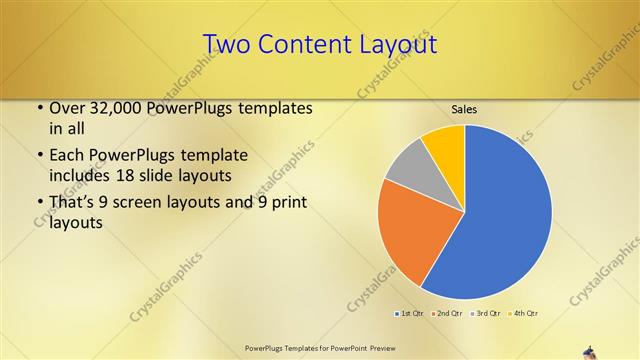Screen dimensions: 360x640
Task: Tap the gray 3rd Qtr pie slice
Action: pos(408,166)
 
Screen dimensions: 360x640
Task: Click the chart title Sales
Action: pos(463,108)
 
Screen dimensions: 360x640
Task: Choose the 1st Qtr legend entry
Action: pos(410,314)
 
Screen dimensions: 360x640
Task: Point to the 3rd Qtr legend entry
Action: pos(486,314)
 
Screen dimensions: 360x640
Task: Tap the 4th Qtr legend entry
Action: pos(524,314)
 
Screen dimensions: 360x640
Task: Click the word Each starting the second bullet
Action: pos(66,155)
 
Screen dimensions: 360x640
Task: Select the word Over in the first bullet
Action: pos(67,108)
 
